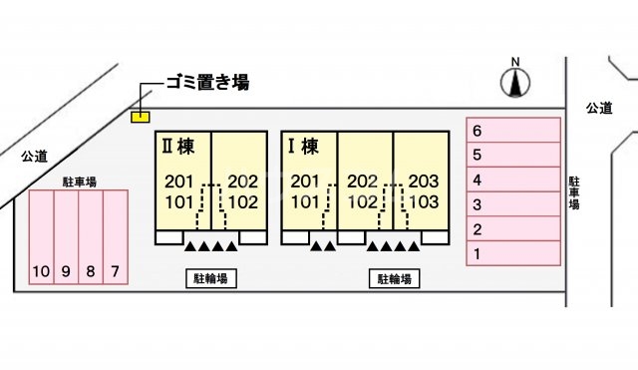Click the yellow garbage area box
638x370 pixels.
tap(142, 116)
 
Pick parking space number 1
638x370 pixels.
tap(513, 254)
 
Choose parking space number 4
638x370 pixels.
tap(513, 181)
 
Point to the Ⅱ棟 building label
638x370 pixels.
tap(177, 146)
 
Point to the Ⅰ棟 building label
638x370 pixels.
tap(302, 146)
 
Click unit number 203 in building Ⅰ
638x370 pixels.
tap(424, 182)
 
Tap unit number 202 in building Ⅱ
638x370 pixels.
tap(243, 182)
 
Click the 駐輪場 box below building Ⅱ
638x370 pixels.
tap(211, 279)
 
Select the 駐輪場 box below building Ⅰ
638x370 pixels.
tap(395, 279)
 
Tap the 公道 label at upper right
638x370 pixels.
tap(599, 107)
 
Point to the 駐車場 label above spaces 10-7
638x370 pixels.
tap(79, 182)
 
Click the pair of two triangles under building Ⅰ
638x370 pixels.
tap(322, 245)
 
